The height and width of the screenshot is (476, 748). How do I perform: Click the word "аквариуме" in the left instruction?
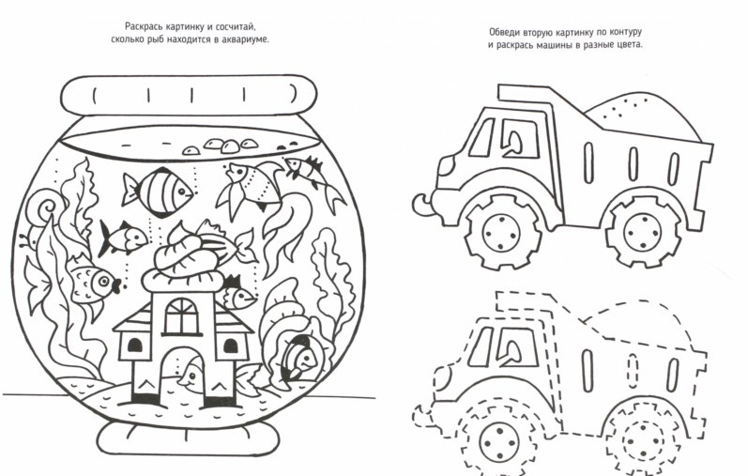pyautogui.click(x=246, y=39)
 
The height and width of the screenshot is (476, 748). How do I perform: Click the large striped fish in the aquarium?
pyautogui.click(x=159, y=192)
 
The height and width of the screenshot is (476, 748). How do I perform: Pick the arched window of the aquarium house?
pyautogui.click(x=181, y=316)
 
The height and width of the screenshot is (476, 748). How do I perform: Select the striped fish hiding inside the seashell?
pyautogui.click(x=298, y=358)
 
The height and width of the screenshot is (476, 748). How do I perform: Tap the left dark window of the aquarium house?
pyautogui.click(x=134, y=345)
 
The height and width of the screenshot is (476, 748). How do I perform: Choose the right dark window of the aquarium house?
pyautogui.click(x=231, y=345)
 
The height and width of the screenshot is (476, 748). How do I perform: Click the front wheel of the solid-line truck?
pyautogui.click(x=502, y=233)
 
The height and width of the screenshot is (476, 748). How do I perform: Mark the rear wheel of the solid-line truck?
pyautogui.click(x=642, y=233)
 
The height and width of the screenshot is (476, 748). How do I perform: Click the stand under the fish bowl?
pyautogui.click(x=189, y=438)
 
